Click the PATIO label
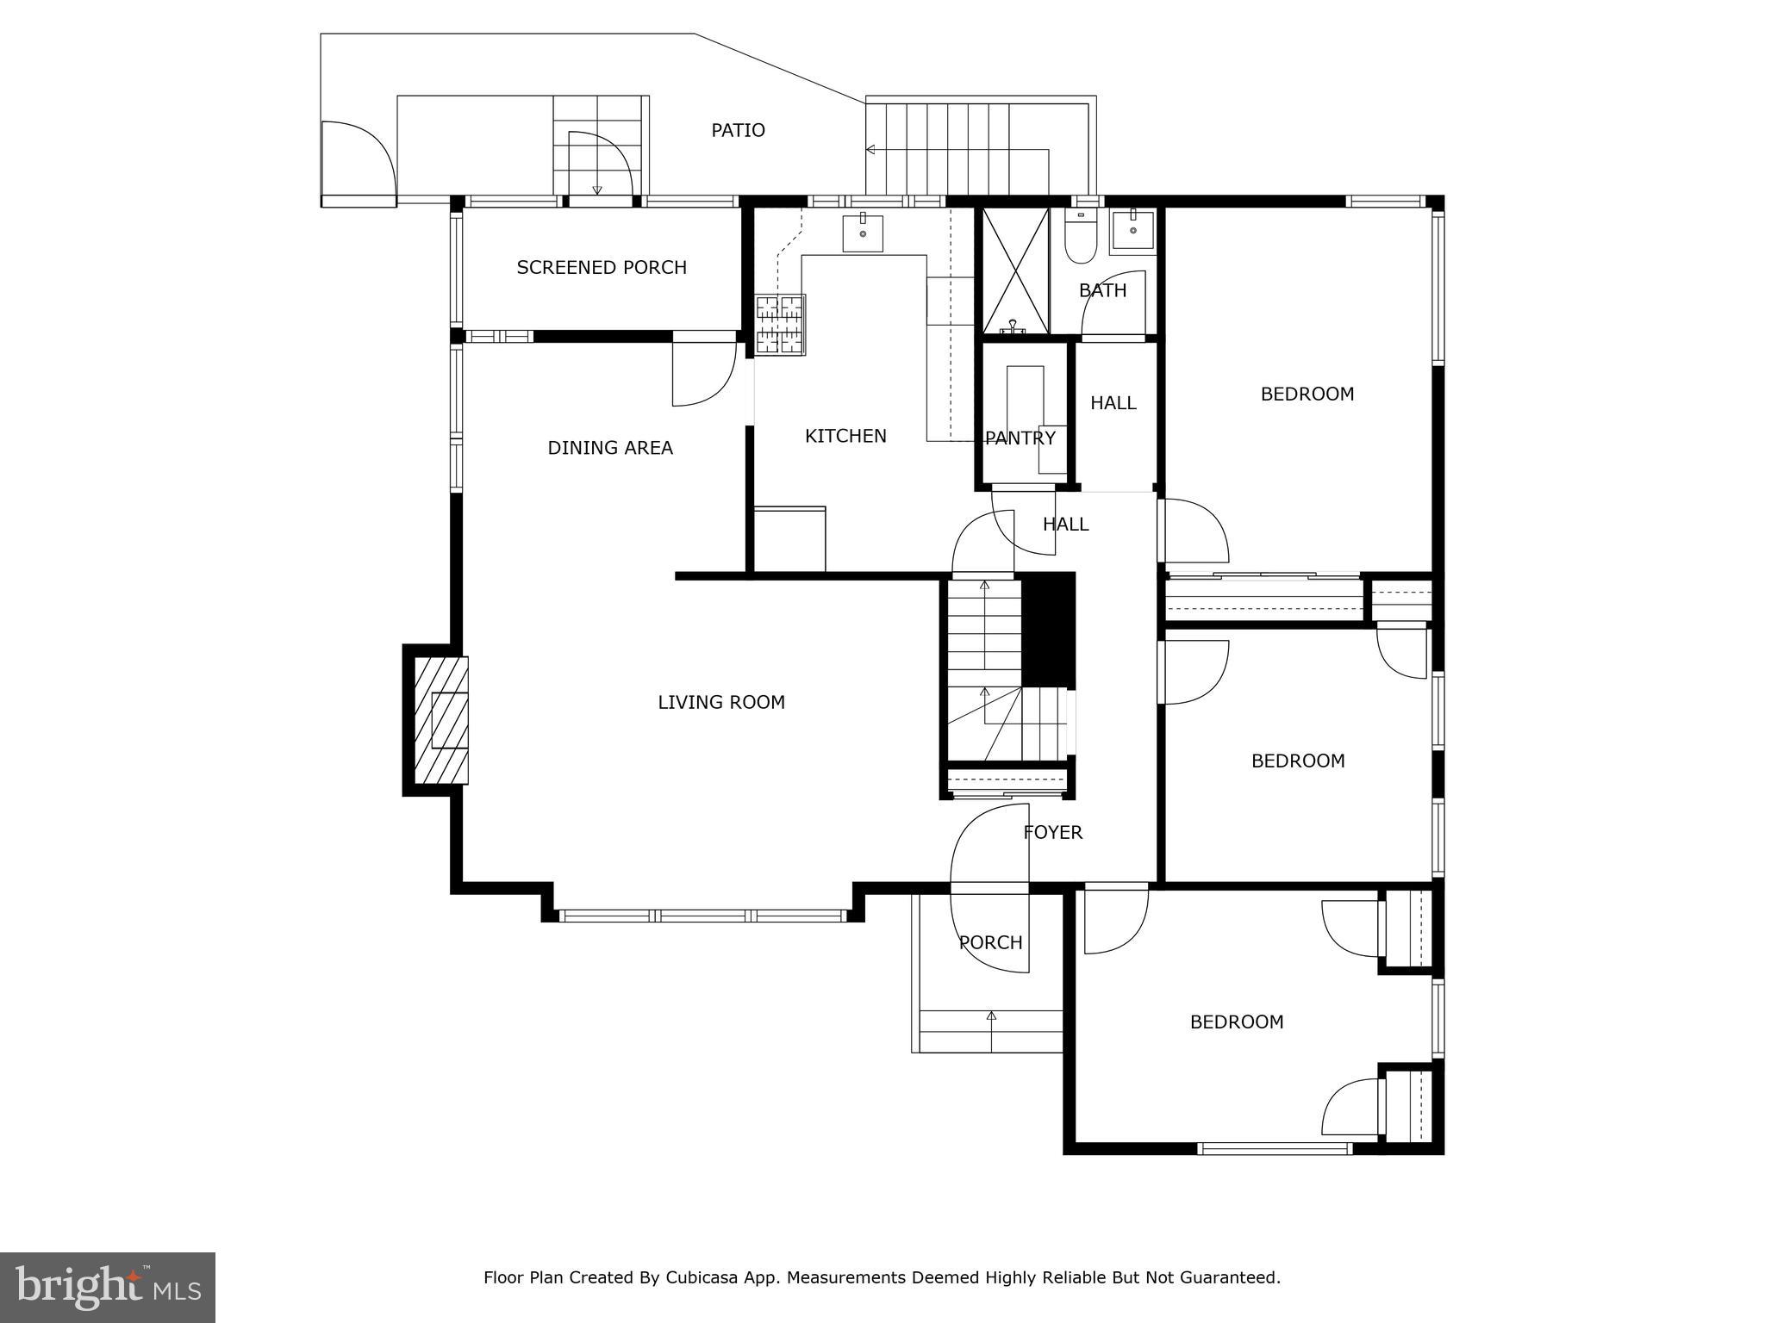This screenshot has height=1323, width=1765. pyautogui.click(x=738, y=130)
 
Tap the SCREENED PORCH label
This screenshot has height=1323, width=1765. pyautogui.click(x=602, y=268)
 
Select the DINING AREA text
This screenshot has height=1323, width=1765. pyautogui.click(x=610, y=448)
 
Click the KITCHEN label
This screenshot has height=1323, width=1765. pyautogui.click(x=845, y=436)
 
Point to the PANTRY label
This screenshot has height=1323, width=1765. pyautogui.click(x=1020, y=438)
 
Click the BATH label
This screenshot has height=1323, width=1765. pyautogui.click(x=1103, y=291)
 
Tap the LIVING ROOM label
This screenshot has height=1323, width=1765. pyautogui.click(x=721, y=703)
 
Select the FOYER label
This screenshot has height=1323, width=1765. pyautogui.click(x=1052, y=833)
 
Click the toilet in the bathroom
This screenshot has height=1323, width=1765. pyautogui.click(x=1079, y=237)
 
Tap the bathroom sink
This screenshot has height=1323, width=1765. pyautogui.click(x=1132, y=229)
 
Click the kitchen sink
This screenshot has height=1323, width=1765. pyautogui.click(x=863, y=232)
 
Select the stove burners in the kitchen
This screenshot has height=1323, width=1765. pyautogui.click(x=781, y=324)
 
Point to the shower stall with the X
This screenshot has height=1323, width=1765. pyautogui.click(x=1015, y=270)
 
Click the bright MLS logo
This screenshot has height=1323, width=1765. pyautogui.click(x=108, y=1287)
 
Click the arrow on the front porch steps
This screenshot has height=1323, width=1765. pyautogui.click(x=991, y=1017)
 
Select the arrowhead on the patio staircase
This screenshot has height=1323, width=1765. pyautogui.click(x=870, y=150)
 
